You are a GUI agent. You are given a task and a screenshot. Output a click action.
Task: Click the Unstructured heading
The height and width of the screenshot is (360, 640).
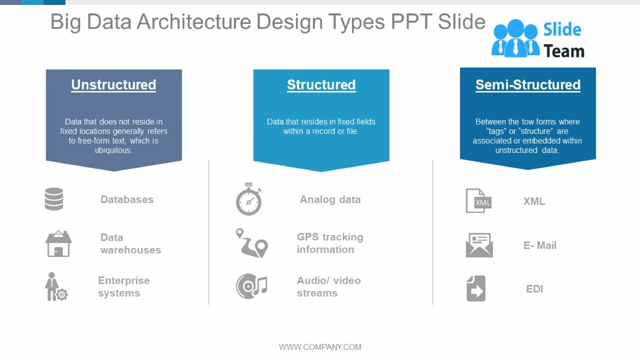[x=113, y=85]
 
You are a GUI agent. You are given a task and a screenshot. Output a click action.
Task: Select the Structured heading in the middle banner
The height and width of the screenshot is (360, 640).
[x=321, y=85]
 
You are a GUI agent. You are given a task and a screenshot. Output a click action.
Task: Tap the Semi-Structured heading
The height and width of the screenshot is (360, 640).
[x=527, y=85]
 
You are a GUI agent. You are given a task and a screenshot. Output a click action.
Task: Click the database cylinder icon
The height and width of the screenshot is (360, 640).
[x=54, y=199]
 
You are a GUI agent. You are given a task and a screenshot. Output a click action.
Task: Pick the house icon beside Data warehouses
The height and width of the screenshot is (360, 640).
[x=58, y=243]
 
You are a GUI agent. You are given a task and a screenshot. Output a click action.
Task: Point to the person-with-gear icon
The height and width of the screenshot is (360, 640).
[x=55, y=287]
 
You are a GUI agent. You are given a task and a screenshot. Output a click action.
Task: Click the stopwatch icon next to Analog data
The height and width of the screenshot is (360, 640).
[x=248, y=199]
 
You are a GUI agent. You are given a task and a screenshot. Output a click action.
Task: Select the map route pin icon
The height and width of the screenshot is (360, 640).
[x=252, y=243]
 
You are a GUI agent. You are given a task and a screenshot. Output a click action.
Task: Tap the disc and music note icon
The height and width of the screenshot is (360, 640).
[x=251, y=286]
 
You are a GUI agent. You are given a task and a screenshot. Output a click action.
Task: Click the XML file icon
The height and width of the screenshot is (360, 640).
[x=478, y=201]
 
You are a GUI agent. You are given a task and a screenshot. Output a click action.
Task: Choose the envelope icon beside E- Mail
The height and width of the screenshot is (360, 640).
[x=479, y=245]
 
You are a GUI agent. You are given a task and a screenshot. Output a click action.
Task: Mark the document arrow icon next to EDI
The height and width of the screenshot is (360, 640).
[x=476, y=288]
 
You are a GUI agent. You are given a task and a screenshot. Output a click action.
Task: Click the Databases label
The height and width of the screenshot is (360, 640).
[x=127, y=199]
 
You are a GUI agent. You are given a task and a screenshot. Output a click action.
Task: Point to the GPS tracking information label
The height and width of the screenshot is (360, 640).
[x=330, y=243]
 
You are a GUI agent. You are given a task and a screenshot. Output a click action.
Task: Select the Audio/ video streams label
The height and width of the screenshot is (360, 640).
[x=328, y=286]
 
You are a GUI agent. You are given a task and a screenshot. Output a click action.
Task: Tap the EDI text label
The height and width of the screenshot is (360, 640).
[x=534, y=289]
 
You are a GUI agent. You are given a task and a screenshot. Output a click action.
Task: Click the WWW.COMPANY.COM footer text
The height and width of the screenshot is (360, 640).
[x=320, y=347]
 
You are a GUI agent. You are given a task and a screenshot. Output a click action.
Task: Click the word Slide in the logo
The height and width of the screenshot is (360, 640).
[x=562, y=30]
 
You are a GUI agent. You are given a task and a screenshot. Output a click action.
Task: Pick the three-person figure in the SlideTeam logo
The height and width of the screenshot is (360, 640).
[x=515, y=38]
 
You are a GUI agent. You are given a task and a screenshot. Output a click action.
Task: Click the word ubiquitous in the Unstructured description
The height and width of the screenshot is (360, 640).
[x=113, y=150]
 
